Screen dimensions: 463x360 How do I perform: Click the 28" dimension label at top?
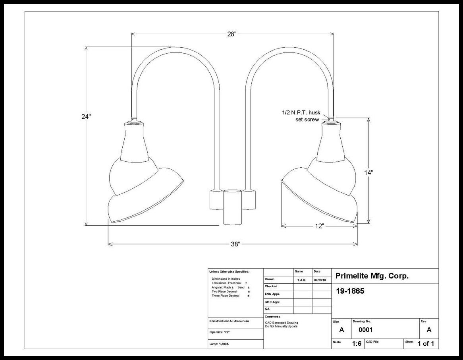coord(232,34)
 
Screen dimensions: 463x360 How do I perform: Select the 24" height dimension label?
coord(86,116)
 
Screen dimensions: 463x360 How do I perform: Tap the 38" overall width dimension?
coord(235,244)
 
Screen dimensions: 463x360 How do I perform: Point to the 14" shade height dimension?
coord(368,172)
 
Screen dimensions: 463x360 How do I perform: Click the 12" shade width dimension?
coord(320,226)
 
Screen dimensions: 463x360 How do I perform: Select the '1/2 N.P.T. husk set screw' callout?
coord(301,116)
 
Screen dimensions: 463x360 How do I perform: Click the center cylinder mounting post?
coord(232,207)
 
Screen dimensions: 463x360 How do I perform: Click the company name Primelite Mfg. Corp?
coord(372,276)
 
